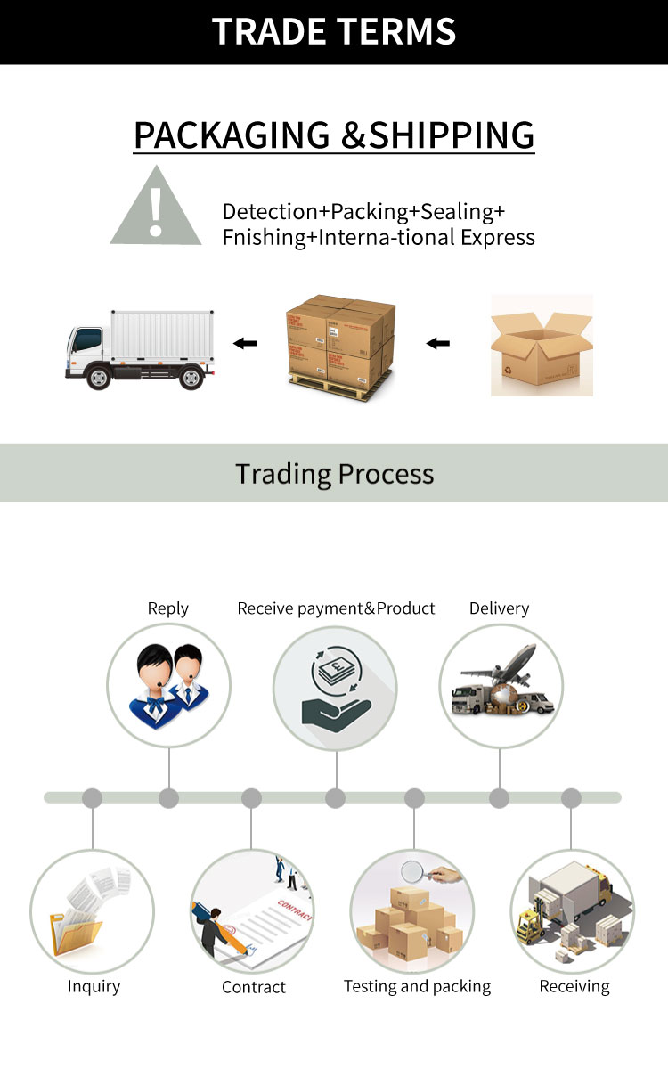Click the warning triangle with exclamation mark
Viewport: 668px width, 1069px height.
[156, 208]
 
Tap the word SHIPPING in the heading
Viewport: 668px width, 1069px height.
[452, 135]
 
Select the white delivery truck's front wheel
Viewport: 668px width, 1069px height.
[99, 377]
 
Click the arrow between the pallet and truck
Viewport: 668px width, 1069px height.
[244, 342]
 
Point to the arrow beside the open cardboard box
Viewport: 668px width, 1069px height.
[437, 342]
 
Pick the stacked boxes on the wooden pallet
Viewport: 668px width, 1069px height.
[340, 342]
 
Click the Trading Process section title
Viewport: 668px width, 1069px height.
[334, 473]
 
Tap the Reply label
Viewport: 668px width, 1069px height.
[168, 608]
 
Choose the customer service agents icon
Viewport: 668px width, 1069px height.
[168, 684]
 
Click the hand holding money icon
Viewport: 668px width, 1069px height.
[334, 689]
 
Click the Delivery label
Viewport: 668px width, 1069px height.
[499, 608]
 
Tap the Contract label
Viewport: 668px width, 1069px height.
[254, 987]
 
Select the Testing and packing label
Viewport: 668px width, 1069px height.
[417, 986]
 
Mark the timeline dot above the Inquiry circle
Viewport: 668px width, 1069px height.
[92, 798]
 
